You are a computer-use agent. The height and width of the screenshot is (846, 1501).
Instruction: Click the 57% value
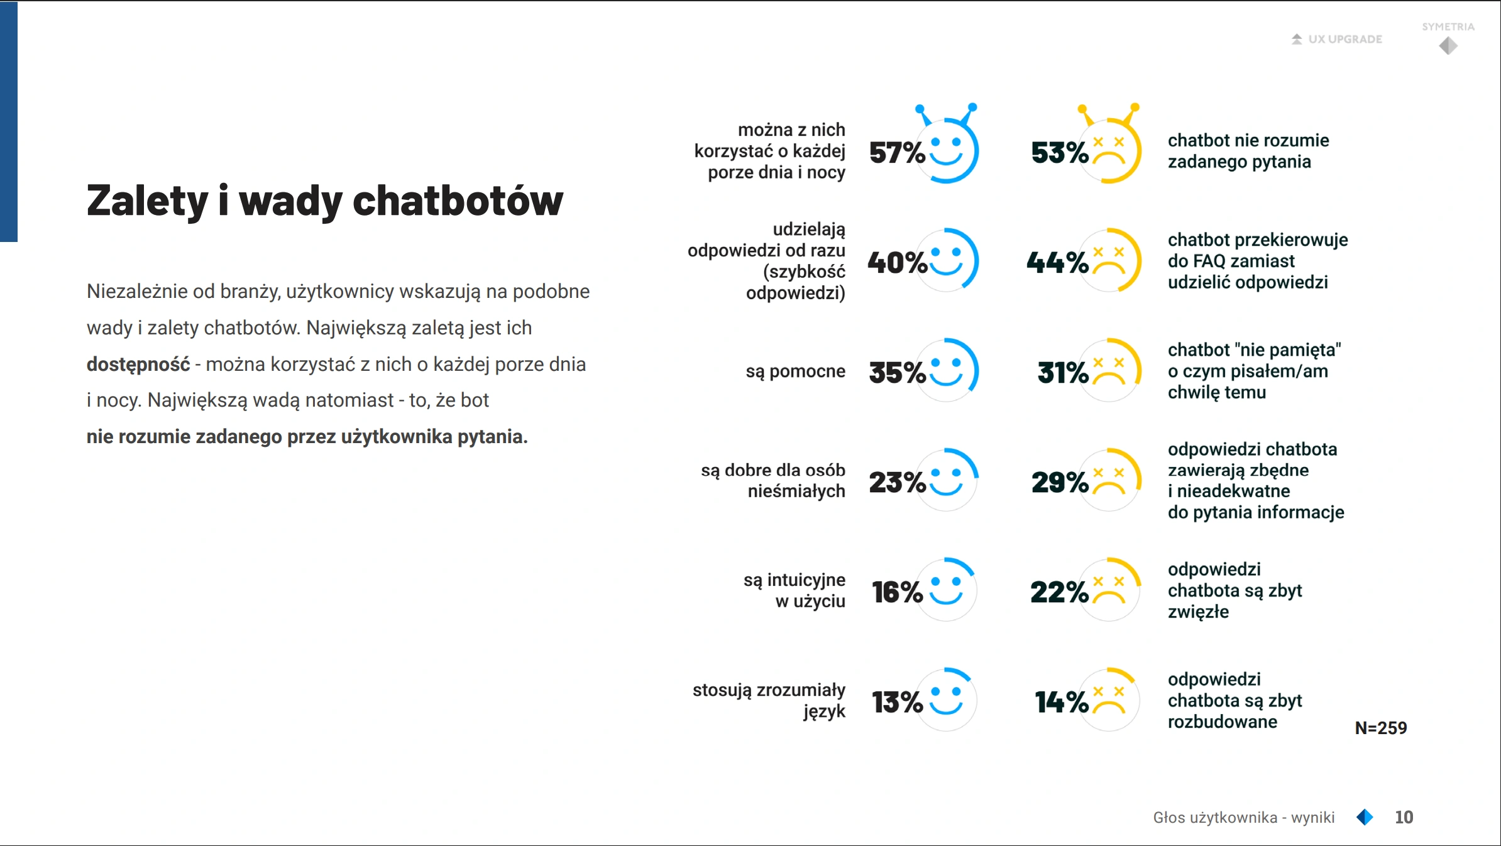click(x=897, y=153)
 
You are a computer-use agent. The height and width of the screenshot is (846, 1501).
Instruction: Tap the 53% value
click(x=1060, y=153)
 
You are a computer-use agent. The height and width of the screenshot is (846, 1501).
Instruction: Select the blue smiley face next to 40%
click(x=947, y=260)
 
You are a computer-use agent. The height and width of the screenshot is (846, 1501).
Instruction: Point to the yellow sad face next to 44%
click(x=1109, y=260)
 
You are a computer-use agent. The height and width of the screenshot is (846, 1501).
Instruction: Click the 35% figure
click(x=897, y=373)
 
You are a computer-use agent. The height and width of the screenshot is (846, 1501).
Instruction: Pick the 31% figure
click(x=1062, y=373)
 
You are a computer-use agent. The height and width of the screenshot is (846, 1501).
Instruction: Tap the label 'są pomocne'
click(x=795, y=371)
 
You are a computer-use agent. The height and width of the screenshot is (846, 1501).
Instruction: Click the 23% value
click(x=897, y=482)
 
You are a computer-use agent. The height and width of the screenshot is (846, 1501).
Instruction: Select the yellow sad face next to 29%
click(x=1109, y=480)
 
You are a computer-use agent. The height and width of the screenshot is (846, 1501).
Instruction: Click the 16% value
click(x=897, y=592)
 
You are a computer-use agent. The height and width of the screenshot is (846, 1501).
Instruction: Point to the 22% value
click(x=1059, y=592)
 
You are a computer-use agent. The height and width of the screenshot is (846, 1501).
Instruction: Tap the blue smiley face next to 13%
click(x=947, y=700)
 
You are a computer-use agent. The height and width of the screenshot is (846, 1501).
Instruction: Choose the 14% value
click(x=1062, y=702)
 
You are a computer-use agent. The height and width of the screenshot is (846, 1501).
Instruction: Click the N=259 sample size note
click(x=1381, y=728)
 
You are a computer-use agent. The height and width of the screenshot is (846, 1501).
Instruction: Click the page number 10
click(x=1404, y=817)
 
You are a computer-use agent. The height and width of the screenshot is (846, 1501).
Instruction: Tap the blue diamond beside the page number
click(x=1365, y=817)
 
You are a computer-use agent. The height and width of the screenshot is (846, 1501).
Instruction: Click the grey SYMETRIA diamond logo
click(x=1448, y=45)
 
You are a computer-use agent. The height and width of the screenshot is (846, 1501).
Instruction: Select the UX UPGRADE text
click(x=1345, y=39)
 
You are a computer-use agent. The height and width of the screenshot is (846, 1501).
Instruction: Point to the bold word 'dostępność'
click(x=138, y=365)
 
